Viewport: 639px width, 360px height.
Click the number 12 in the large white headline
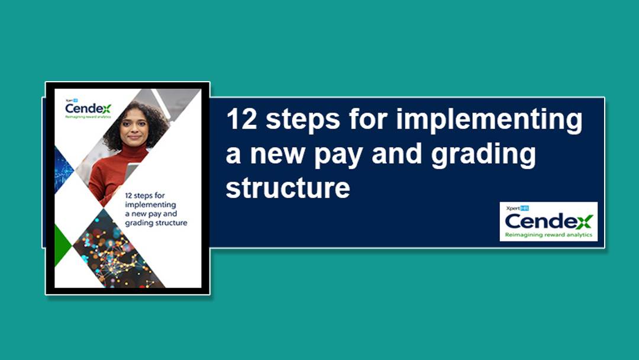pyautogui.click(x=242, y=119)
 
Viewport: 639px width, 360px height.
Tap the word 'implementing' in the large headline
pyautogui.click(x=489, y=121)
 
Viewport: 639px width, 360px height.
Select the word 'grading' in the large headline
pyautogui.click(x=483, y=156)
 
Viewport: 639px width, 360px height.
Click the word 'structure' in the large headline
pyautogui.click(x=288, y=188)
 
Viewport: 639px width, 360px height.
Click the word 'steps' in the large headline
pyautogui.click(x=303, y=121)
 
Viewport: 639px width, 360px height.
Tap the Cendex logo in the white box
pyautogui.click(x=548, y=221)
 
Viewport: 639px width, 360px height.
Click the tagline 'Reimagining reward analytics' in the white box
pyautogui.click(x=548, y=235)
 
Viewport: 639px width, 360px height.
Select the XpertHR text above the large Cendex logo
pyautogui.click(x=517, y=208)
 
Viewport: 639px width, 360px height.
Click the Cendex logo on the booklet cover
pyautogui.click(x=88, y=108)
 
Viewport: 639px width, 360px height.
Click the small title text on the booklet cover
pyautogui.click(x=156, y=209)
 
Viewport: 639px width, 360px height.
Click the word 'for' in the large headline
pyautogui.click(x=367, y=119)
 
